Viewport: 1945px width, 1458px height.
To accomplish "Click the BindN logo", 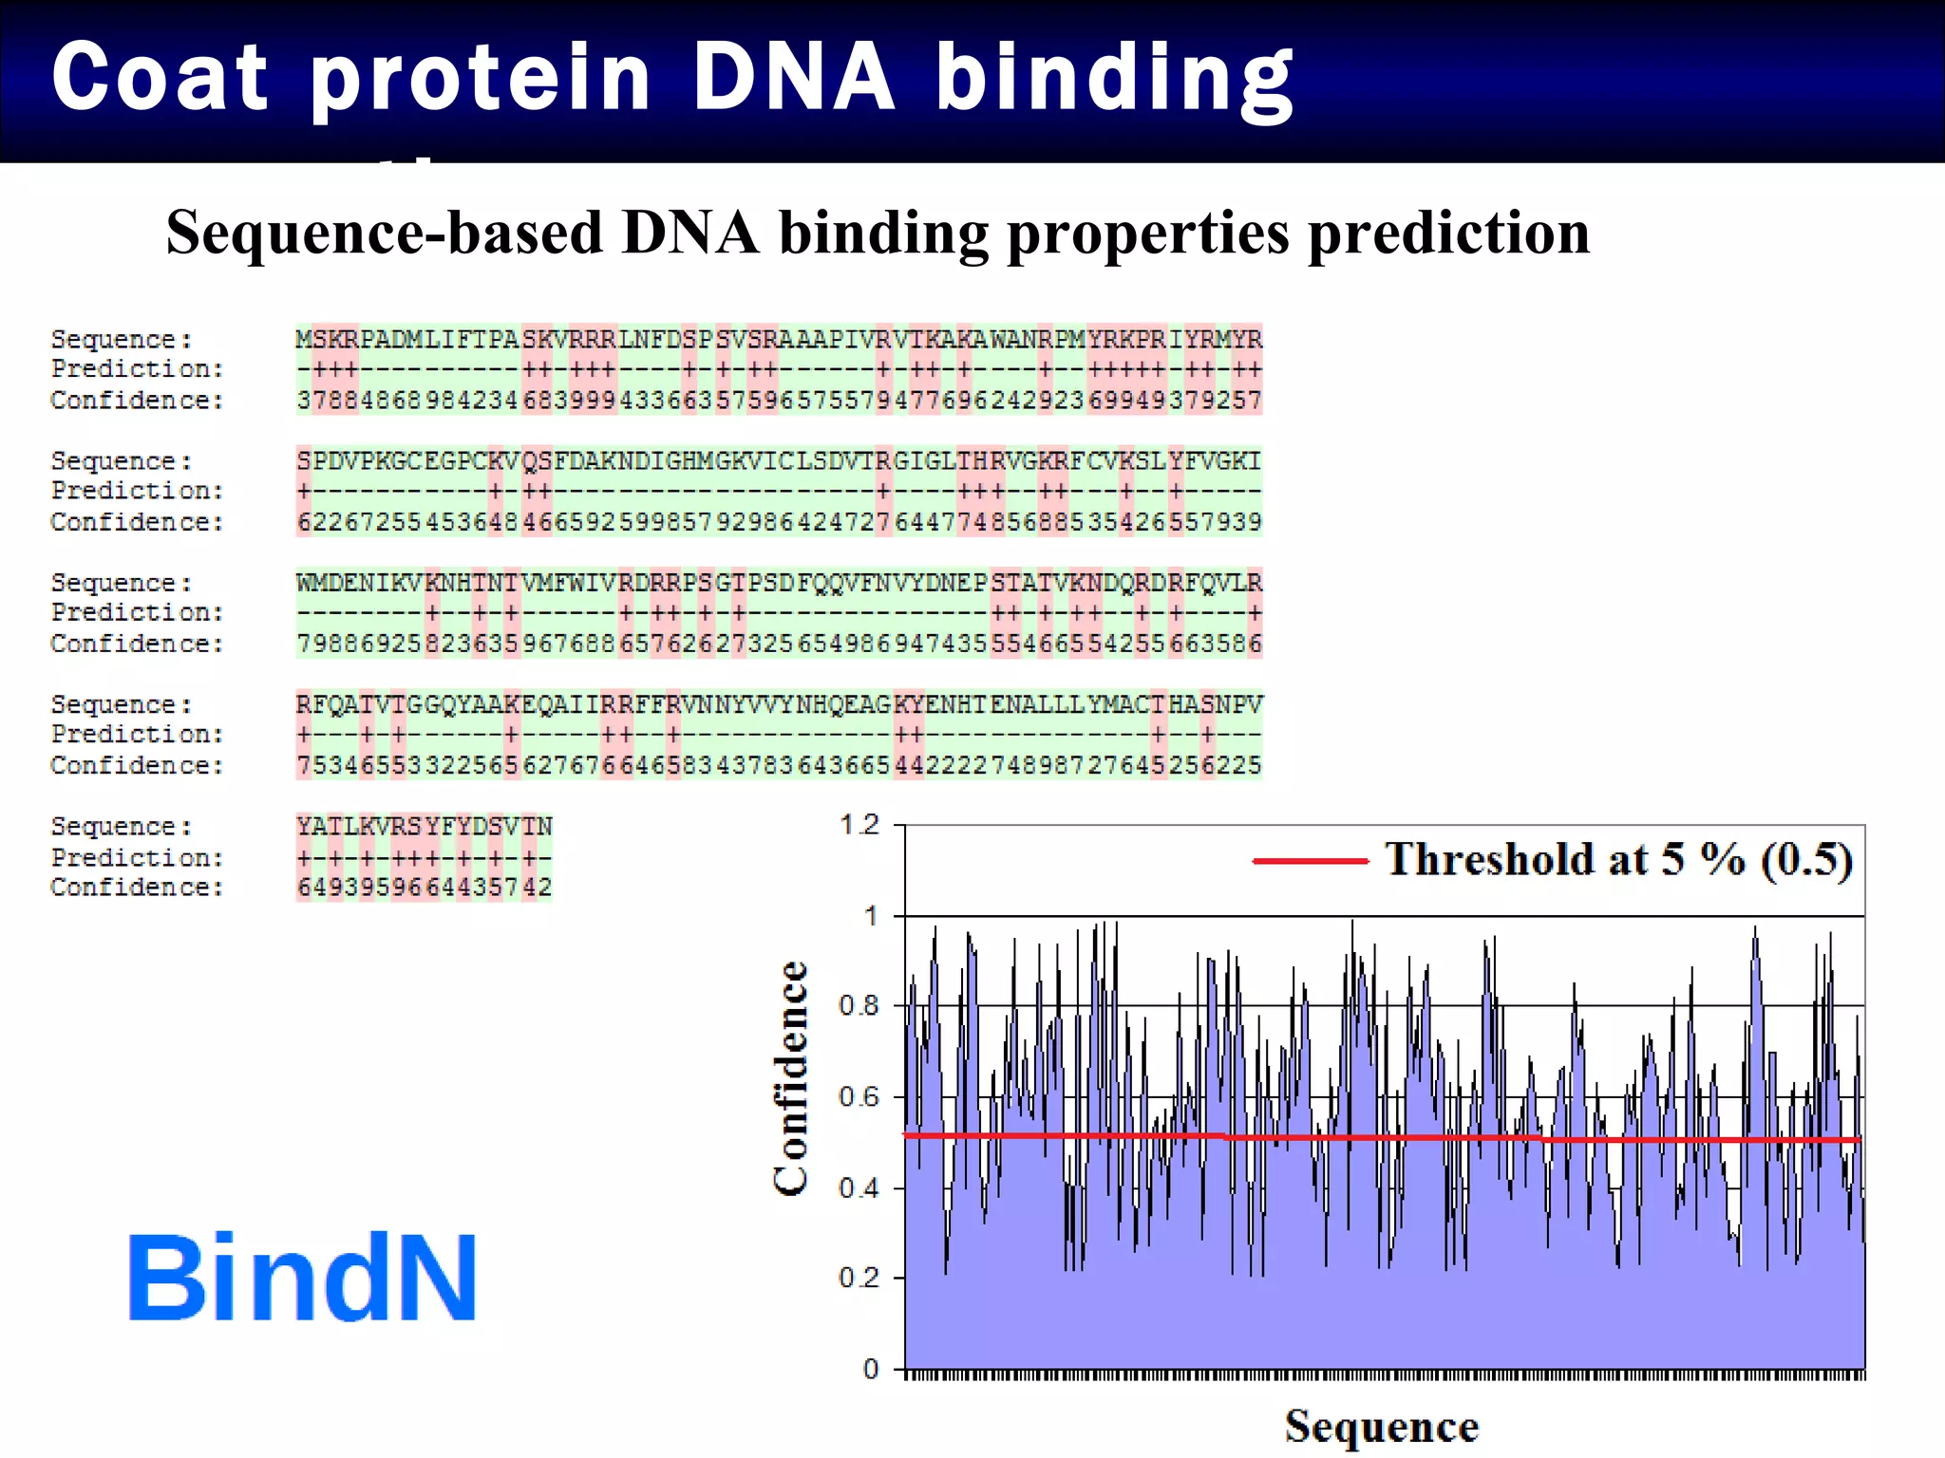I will [x=302, y=1277].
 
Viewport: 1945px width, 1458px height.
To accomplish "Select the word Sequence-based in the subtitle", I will [x=385, y=233].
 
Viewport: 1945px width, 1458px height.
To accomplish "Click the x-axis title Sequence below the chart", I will [x=1381, y=1427].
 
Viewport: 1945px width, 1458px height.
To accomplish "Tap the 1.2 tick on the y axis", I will [x=859, y=824].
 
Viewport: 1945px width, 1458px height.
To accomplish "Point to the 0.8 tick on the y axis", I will [x=859, y=1005].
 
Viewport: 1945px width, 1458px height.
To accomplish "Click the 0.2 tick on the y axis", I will [x=859, y=1278].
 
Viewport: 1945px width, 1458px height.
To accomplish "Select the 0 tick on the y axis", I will [x=870, y=1369].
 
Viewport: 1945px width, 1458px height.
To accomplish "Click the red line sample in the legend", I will [x=1310, y=861].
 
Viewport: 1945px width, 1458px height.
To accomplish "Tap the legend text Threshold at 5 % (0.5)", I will [x=1618, y=859].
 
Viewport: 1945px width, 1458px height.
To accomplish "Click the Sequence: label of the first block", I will [x=122, y=339].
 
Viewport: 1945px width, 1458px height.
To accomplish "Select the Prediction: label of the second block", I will [x=137, y=491].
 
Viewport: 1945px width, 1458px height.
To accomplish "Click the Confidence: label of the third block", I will [x=137, y=644].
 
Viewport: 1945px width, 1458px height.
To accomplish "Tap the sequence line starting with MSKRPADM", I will [x=779, y=339].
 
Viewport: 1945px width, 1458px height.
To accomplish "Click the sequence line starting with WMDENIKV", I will [x=779, y=582].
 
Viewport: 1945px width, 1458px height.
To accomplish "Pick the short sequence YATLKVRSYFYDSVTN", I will [x=424, y=826].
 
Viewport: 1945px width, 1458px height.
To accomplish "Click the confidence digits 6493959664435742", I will [x=424, y=888].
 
